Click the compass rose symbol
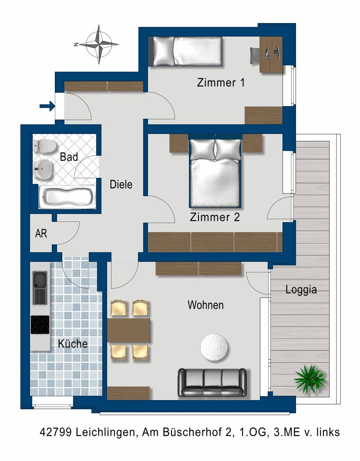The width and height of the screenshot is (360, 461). coord(101,44)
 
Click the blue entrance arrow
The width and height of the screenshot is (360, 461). coord(47,106)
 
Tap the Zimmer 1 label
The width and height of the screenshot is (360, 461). coord(221,82)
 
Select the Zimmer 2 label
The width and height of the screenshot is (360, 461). coord(215,217)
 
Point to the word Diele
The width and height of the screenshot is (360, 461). coord(121,184)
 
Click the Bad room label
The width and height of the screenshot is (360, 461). coord(69,157)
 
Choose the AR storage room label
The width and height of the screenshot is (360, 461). coord(41,234)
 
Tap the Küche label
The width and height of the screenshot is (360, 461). coord(73,344)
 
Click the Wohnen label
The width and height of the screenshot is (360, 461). coord(205,305)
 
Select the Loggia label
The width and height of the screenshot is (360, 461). coord(301,290)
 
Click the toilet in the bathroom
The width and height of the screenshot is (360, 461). coord(44,146)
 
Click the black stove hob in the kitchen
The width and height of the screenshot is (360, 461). coord(40,324)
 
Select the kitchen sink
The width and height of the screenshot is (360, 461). coord(40,287)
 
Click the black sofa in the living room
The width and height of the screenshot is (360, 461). coord(212,383)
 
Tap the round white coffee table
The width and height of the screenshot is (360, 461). coord(214,347)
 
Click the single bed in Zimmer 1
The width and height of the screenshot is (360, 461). coord(186,51)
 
